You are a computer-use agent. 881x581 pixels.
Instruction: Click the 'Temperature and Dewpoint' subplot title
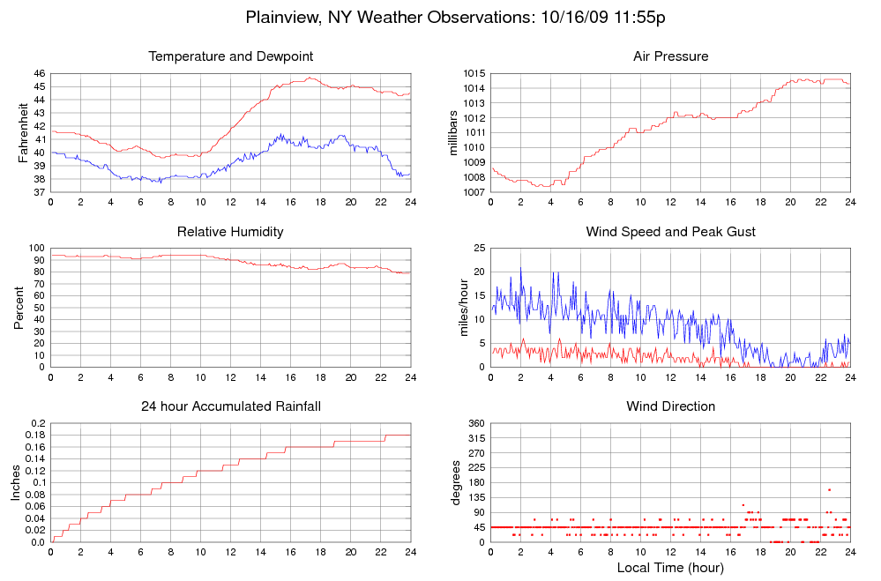coord(231,56)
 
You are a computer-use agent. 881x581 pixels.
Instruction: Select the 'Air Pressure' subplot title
coord(670,56)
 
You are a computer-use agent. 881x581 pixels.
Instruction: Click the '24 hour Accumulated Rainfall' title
coord(231,406)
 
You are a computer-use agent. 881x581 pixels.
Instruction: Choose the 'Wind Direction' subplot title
coord(670,406)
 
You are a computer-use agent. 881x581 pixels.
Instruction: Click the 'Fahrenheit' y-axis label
coord(23,132)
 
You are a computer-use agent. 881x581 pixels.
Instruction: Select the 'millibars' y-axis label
coord(454,132)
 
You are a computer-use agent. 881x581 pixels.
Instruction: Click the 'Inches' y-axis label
coord(15,482)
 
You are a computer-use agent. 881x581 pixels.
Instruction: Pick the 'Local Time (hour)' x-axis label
coord(670,568)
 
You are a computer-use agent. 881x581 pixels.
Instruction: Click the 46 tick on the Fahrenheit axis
coord(39,73)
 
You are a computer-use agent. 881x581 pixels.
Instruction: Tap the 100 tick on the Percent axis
coord(36,248)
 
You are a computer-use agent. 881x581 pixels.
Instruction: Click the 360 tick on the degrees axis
coord(475,423)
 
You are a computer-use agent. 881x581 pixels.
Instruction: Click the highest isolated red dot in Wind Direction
coord(829,489)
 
